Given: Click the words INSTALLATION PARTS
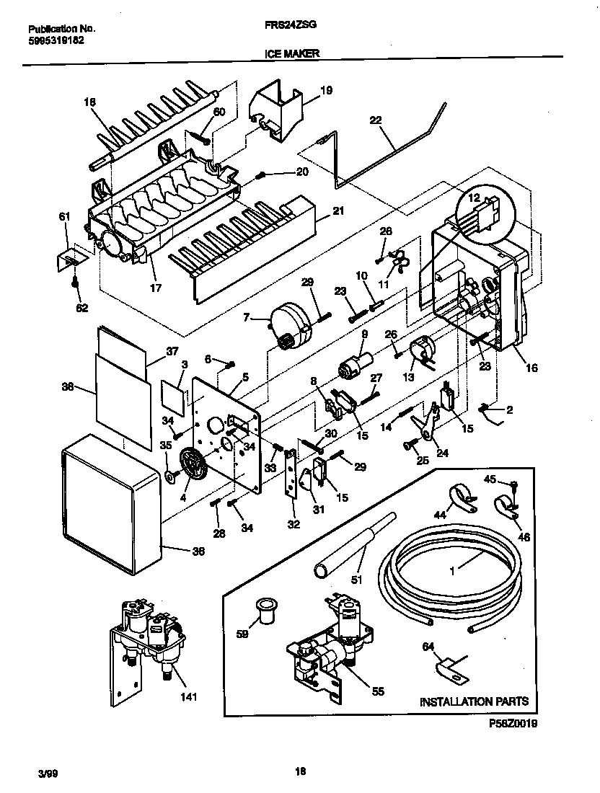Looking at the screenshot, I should (474, 701).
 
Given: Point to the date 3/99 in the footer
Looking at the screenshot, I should (47, 773).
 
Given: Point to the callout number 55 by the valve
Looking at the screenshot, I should (377, 691).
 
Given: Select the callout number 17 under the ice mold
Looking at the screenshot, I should (155, 286).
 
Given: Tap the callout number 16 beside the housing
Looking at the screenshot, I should (531, 368).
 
